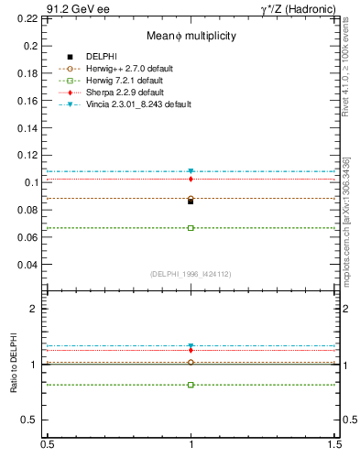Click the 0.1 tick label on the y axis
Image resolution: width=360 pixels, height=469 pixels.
pyautogui.click(x=32, y=182)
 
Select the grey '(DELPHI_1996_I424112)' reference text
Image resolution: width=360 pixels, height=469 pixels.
pyautogui.click(x=191, y=272)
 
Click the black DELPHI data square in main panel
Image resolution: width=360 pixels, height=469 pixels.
pyautogui.click(x=191, y=201)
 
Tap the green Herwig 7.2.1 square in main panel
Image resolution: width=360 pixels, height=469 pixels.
pyautogui.click(x=191, y=227)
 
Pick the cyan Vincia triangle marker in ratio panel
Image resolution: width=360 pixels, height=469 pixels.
pyautogui.click(x=191, y=346)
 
